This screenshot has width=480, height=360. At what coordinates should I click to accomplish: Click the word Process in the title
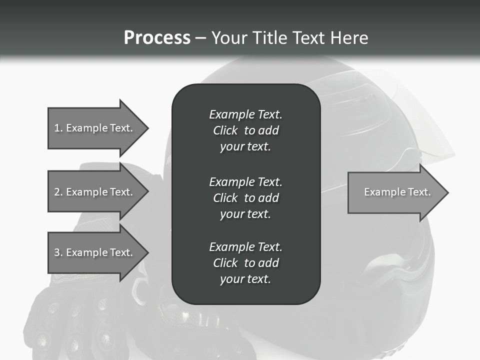point(157,38)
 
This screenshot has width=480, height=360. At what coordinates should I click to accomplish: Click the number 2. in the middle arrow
point(58,192)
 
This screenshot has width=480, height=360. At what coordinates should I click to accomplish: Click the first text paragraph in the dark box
point(245,130)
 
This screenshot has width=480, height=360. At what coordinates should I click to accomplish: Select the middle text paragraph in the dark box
point(245,198)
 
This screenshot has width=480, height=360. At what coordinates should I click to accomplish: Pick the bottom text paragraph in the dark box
point(245,263)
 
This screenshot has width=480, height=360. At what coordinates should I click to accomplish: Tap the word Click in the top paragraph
point(225,130)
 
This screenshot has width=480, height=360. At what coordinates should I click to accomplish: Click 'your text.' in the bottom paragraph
point(245,279)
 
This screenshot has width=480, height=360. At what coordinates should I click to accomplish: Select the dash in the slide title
point(200,38)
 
